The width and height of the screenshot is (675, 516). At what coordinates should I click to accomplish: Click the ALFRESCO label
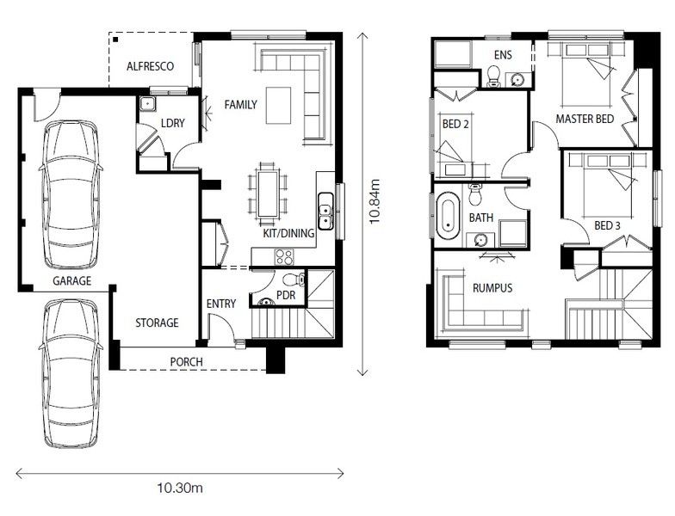(150, 66)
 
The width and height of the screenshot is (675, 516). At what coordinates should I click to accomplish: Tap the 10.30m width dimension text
(179, 488)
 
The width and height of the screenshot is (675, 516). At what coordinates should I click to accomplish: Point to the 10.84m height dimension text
(375, 201)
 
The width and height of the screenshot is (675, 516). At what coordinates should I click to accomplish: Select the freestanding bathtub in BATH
(448, 215)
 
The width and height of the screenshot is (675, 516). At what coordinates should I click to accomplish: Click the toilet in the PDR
(294, 279)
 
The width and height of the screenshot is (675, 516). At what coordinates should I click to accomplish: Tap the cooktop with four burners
(284, 257)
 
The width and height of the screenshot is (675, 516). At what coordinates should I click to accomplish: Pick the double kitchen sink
(325, 211)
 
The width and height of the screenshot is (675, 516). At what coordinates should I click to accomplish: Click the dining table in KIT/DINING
(267, 193)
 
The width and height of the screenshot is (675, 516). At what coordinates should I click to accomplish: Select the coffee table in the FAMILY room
(278, 105)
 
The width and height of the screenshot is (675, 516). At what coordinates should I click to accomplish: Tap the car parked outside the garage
(71, 373)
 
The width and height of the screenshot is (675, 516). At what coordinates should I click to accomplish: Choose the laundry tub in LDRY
(147, 103)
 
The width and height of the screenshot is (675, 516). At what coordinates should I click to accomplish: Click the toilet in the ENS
(493, 76)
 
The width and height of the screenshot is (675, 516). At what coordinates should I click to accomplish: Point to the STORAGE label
(157, 323)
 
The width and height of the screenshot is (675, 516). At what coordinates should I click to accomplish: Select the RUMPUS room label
(492, 287)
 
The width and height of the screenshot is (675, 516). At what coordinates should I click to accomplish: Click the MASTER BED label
(585, 119)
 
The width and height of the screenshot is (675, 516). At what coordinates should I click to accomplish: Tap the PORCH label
(186, 362)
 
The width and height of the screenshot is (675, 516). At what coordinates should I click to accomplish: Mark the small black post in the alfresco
(115, 40)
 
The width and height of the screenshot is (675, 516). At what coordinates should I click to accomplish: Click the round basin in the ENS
(517, 79)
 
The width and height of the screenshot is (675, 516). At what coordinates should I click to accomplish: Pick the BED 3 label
(608, 225)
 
